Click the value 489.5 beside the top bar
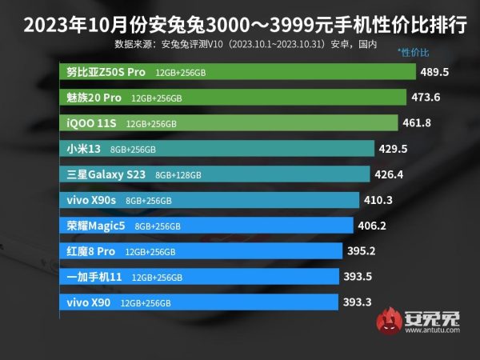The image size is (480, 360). pos(436,72)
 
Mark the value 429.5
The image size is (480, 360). pos(394,149)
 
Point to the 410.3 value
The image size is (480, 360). pos(380,200)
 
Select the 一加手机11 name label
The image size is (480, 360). pos(95,277)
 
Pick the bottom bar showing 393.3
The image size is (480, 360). pos(200,302)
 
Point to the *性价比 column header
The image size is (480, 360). pos(414,53)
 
